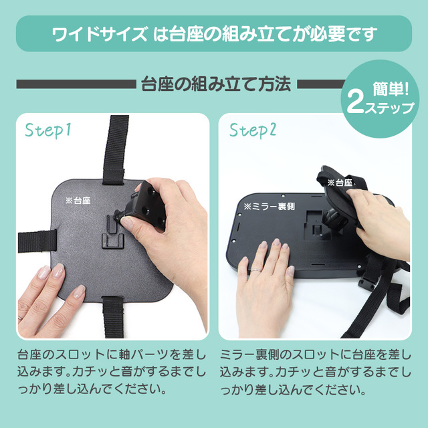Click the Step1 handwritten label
(48, 130)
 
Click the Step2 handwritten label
(253, 130)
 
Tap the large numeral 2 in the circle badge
(355, 104)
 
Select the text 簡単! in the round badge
(391, 89)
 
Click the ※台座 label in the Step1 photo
(78, 201)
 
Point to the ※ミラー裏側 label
(269, 207)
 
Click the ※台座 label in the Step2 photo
(340, 183)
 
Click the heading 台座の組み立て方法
(216, 84)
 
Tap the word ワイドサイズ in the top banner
(100, 34)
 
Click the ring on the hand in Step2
(256, 270)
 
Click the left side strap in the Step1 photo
(37, 241)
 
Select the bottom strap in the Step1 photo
(113, 317)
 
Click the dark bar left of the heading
(76, 84)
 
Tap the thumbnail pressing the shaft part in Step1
(126, 221)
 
